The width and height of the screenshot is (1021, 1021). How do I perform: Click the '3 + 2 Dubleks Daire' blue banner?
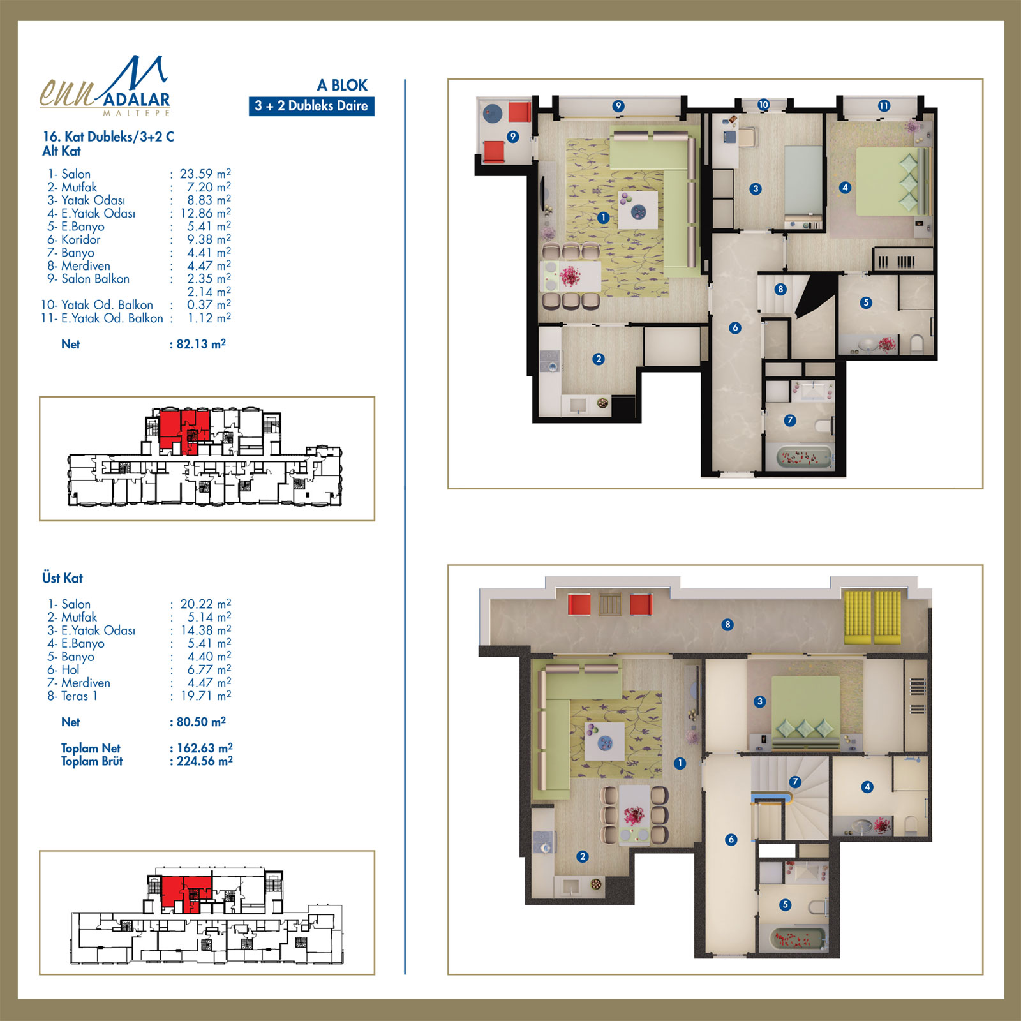[x=311, y=106]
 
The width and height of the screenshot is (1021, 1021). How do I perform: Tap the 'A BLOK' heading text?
[x=342, y=86]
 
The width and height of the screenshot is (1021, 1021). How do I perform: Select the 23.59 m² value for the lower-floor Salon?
[x=205, y=174]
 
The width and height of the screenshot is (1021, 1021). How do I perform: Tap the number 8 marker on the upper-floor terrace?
[x=727, y=625]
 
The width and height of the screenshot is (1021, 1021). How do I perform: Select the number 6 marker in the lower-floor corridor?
[x=735, y=328]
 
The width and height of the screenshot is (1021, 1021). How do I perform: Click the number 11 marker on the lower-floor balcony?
[x=884, y=106]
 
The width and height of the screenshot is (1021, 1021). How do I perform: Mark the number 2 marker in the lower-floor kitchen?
[x=599, y=359]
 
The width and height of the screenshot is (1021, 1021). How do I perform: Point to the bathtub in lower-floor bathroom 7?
[x=805, y=458]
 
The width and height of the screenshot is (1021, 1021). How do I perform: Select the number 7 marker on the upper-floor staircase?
[x=795, y=782]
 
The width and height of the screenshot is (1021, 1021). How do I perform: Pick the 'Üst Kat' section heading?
[x=63, y=578]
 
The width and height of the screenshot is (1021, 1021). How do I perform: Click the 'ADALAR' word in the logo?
[x=137, y=100]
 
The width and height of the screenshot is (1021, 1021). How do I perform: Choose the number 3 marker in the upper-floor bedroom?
[x=759, y=701]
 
